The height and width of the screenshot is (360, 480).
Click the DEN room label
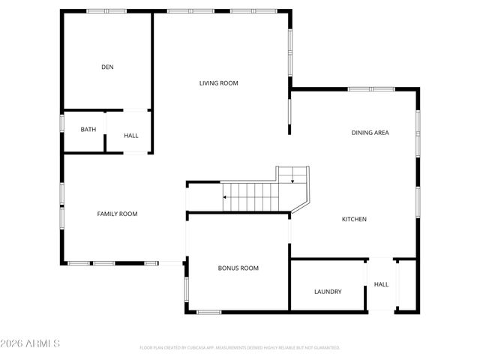[107, 67]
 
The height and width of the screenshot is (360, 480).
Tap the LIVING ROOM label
[218, 83]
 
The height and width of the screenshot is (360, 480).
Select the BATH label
[88, 130]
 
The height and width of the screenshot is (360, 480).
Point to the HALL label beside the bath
[131, 136]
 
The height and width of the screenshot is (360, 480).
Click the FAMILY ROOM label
[117, 214]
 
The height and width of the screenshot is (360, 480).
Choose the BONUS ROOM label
[238, 268]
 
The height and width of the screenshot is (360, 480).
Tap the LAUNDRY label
[328, 292]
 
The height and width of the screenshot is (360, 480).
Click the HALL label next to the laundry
[381, 285]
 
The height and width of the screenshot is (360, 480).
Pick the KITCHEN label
[354, 220]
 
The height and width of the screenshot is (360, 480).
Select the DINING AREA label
[370, 133]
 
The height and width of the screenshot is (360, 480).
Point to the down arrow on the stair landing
[292, 180]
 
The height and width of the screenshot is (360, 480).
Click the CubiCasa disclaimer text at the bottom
[240, 348]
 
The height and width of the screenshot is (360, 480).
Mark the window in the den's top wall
[106, 10]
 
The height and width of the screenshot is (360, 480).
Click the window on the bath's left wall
[63, 124]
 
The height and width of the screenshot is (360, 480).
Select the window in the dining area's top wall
[371, 89]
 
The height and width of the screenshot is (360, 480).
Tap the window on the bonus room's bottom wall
[208, 311]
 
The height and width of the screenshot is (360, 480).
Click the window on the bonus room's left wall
[187, 288]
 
